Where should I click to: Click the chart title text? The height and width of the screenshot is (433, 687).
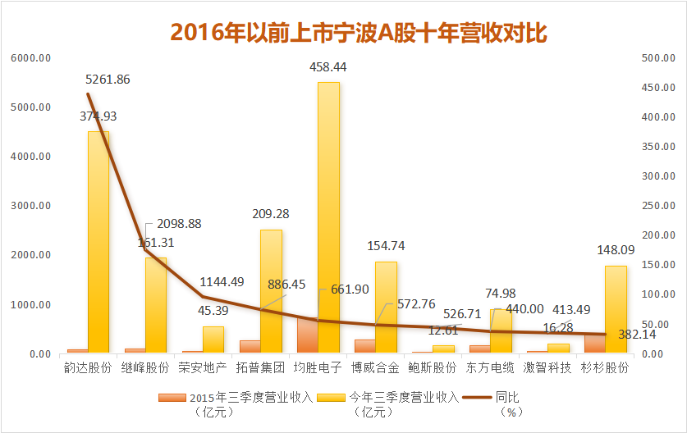click(x=359, y=32)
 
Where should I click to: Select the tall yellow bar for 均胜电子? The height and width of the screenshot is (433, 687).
click(x=328, y=217)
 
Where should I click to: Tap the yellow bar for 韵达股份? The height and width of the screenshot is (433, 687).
click(x=98, y=242)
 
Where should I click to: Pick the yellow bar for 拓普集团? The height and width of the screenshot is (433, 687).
click(x=271, y=291)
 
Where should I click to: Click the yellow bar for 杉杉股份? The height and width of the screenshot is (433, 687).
click(x=616, y=309)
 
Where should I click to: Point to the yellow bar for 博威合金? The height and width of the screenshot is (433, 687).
click(x=386, y=308)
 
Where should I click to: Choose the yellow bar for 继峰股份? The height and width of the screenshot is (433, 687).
click(x=156, y=305)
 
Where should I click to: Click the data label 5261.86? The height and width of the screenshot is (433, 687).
click(x=108, y=80)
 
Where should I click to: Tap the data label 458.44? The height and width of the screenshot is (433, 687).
click(x=328, y=66)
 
